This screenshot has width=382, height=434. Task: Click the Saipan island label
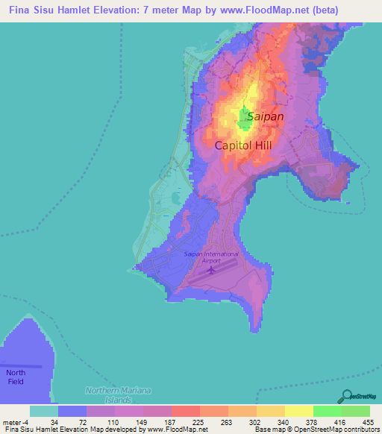[264, 116]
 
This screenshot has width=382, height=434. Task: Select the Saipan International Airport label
[211, 257]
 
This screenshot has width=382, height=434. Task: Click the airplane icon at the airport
[211, 269]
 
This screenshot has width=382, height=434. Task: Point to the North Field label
[15, 377]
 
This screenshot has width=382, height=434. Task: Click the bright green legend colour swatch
[328, 411]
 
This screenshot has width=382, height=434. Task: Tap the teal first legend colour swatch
[44, 411]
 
